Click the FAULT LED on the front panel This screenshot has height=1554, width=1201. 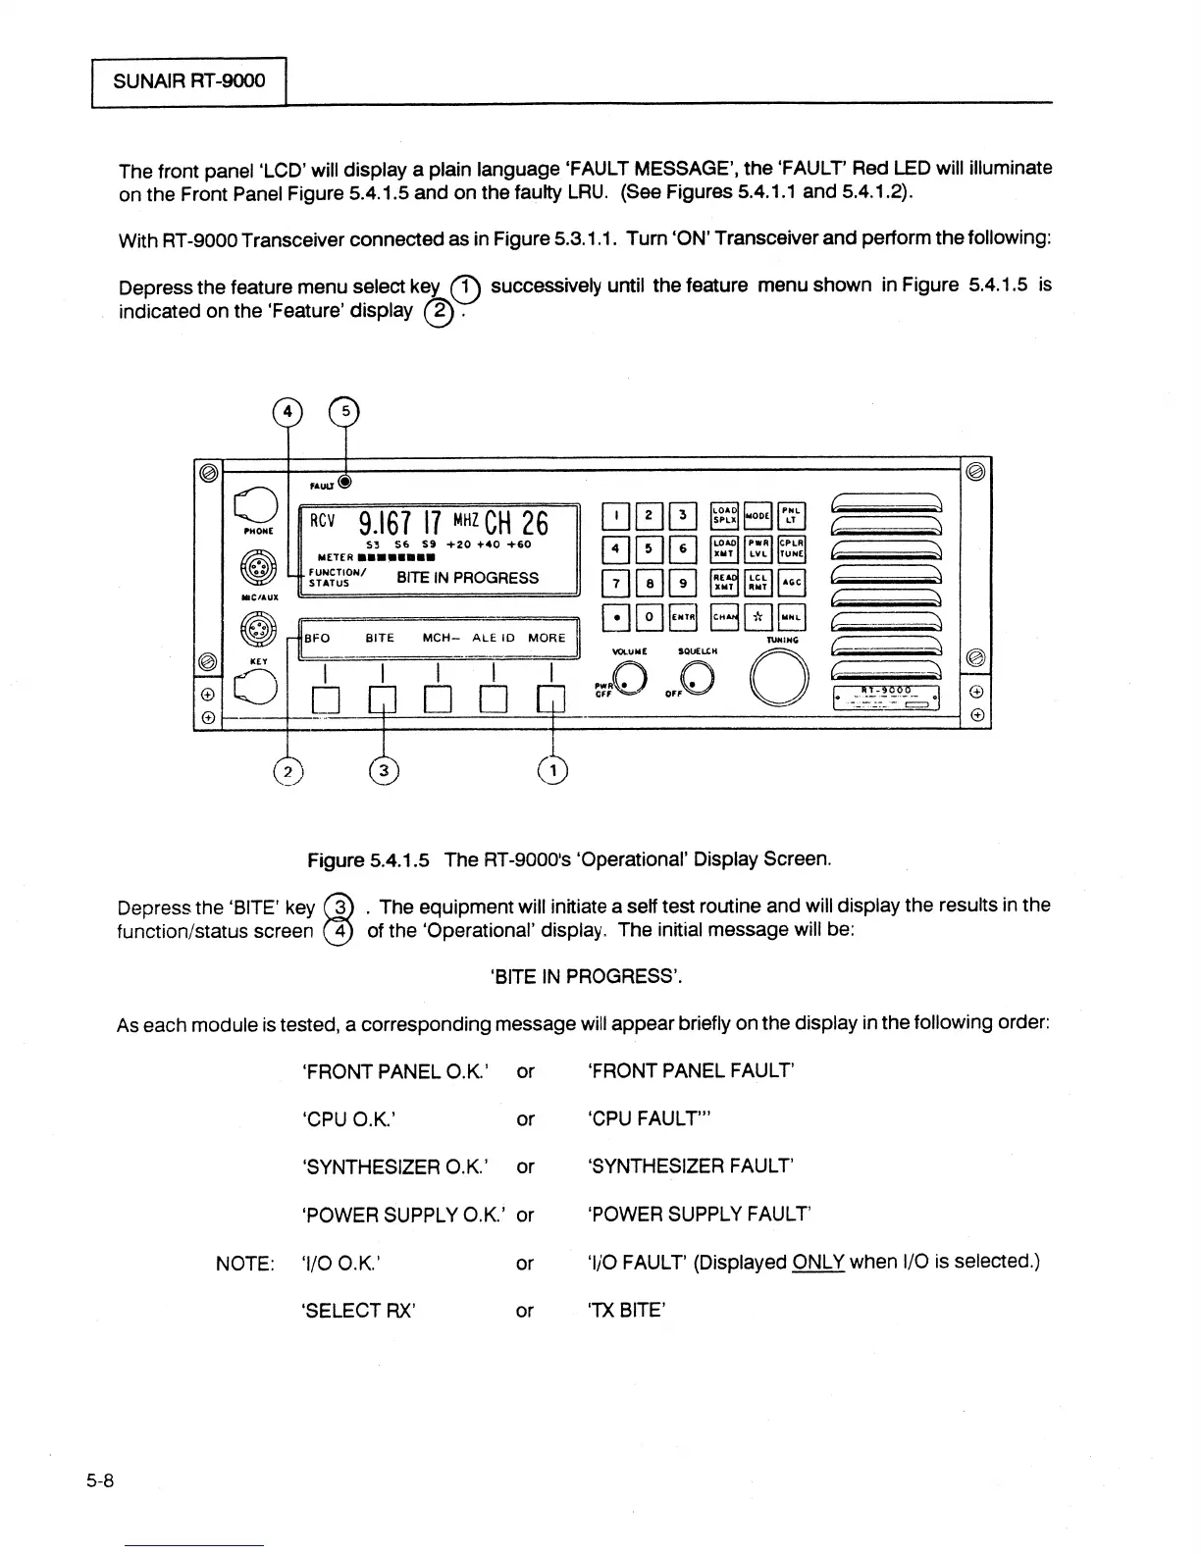pyautogui.click(x=344, y=482)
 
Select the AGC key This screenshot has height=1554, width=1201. pyautogui.click(x=792, y=583)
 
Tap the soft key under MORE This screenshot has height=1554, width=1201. pyautogui.click(x=553, y=698)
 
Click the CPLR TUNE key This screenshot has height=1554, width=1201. pyautogui.click(x=792, y=549)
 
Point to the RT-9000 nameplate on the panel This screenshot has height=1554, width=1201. pyautogui.click(x=886, y=697)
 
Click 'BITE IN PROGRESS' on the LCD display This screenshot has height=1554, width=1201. pyautogui.click(x=467, y=578)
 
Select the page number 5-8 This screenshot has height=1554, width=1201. pyautogui.click(x=100, y=1481)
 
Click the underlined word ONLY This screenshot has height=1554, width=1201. pyautogui.click(x=817, y=1262)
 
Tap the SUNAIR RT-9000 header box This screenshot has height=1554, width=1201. pyautogui.click(x=188, y=80)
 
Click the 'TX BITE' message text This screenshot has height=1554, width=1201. pyautogui.click(x=627, y=1310)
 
